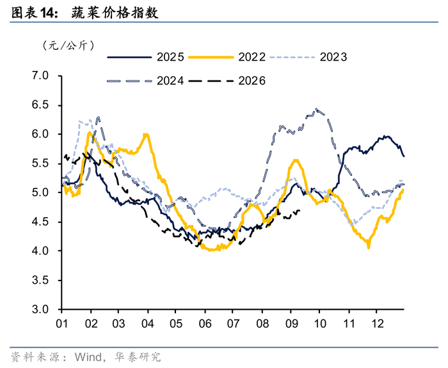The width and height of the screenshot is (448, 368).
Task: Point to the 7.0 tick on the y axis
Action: tap(40, 75)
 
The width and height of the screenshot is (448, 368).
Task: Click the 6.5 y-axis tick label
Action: tap(40, 105)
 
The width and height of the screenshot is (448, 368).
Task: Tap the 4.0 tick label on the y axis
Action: tap(40, 250)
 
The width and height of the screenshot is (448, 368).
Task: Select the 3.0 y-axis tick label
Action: tap(40, 309)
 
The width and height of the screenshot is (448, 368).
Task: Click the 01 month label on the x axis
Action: tap(61, 324)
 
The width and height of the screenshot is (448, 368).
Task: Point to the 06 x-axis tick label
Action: tap(205, 324)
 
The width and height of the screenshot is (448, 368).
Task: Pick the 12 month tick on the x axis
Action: tap(377, 324)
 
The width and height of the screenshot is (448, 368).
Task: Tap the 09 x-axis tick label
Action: tap(291, 324)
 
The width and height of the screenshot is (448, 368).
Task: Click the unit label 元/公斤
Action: tap(68, 45)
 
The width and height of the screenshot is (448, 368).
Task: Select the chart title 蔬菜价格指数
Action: tap(115, 13)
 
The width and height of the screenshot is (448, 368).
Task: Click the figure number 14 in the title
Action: tap(47, 13)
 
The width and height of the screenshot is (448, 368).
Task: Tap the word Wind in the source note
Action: tap(88, 357)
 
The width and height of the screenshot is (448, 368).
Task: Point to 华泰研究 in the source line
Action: tap(138, 357)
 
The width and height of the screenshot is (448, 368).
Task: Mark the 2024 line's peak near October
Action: tap(316, 109)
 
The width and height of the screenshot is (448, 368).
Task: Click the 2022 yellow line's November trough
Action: tap(369, 248)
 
